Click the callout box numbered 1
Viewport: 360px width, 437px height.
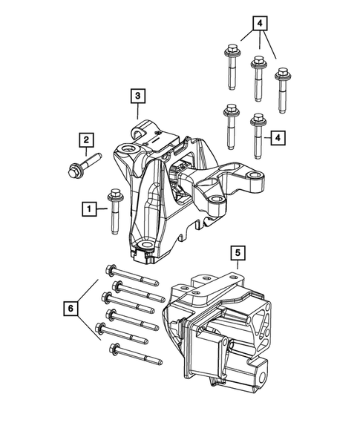click(x=87, y=210)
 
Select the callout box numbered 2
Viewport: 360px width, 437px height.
click(x=87, y=139)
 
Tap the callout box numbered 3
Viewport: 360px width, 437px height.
click(x=138, y=95)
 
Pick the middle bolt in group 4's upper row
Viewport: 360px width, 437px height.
click(x=259, y=77)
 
